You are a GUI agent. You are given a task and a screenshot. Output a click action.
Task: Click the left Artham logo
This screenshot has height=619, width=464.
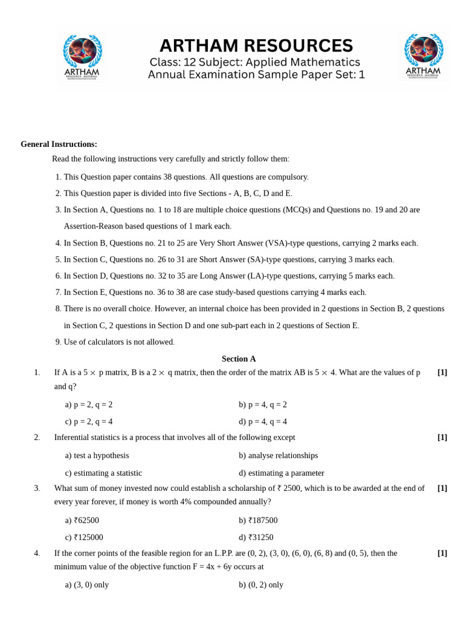tap(82, 57)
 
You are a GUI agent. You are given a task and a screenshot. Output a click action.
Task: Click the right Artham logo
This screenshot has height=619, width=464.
tap(423, 57)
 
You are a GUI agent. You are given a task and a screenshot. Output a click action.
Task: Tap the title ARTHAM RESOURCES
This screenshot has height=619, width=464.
tap(256, 46)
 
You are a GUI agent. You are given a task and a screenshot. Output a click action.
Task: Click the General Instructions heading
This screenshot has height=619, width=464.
tap(59, 144)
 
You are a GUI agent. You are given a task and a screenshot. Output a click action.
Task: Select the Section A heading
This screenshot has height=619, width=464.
tap(239, 358)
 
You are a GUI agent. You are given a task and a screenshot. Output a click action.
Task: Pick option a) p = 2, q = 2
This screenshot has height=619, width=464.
tap(89, 404)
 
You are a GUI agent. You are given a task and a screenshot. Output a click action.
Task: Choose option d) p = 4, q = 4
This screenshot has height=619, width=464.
tap(263, 421)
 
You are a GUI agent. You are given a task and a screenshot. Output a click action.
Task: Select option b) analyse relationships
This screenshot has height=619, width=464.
tap(278, 455)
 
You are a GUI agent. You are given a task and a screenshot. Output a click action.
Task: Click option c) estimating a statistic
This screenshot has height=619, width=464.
tap(103, 473)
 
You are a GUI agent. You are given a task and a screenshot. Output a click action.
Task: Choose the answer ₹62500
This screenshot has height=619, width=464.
tap(82, 520)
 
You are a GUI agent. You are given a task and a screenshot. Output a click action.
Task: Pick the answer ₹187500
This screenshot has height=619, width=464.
tap(258, 520)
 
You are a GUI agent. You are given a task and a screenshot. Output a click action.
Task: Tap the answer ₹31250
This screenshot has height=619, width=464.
tap(256, 537)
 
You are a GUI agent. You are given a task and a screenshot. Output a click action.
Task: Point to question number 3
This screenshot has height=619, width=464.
tap(37, 488)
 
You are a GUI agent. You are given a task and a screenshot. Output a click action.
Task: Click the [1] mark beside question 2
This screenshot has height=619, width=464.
tap(442, 437)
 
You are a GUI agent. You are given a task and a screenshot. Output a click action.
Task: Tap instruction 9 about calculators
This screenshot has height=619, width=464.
tap(119, 342)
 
